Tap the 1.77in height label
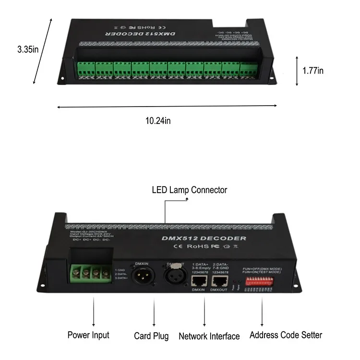[313, 71]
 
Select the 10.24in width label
[158, 121]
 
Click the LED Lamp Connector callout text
[189, 190]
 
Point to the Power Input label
[88, 335]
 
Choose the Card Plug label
[151, 336]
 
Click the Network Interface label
[209, 336]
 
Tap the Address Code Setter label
[286, 335]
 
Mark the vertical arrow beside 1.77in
[297, 70]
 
